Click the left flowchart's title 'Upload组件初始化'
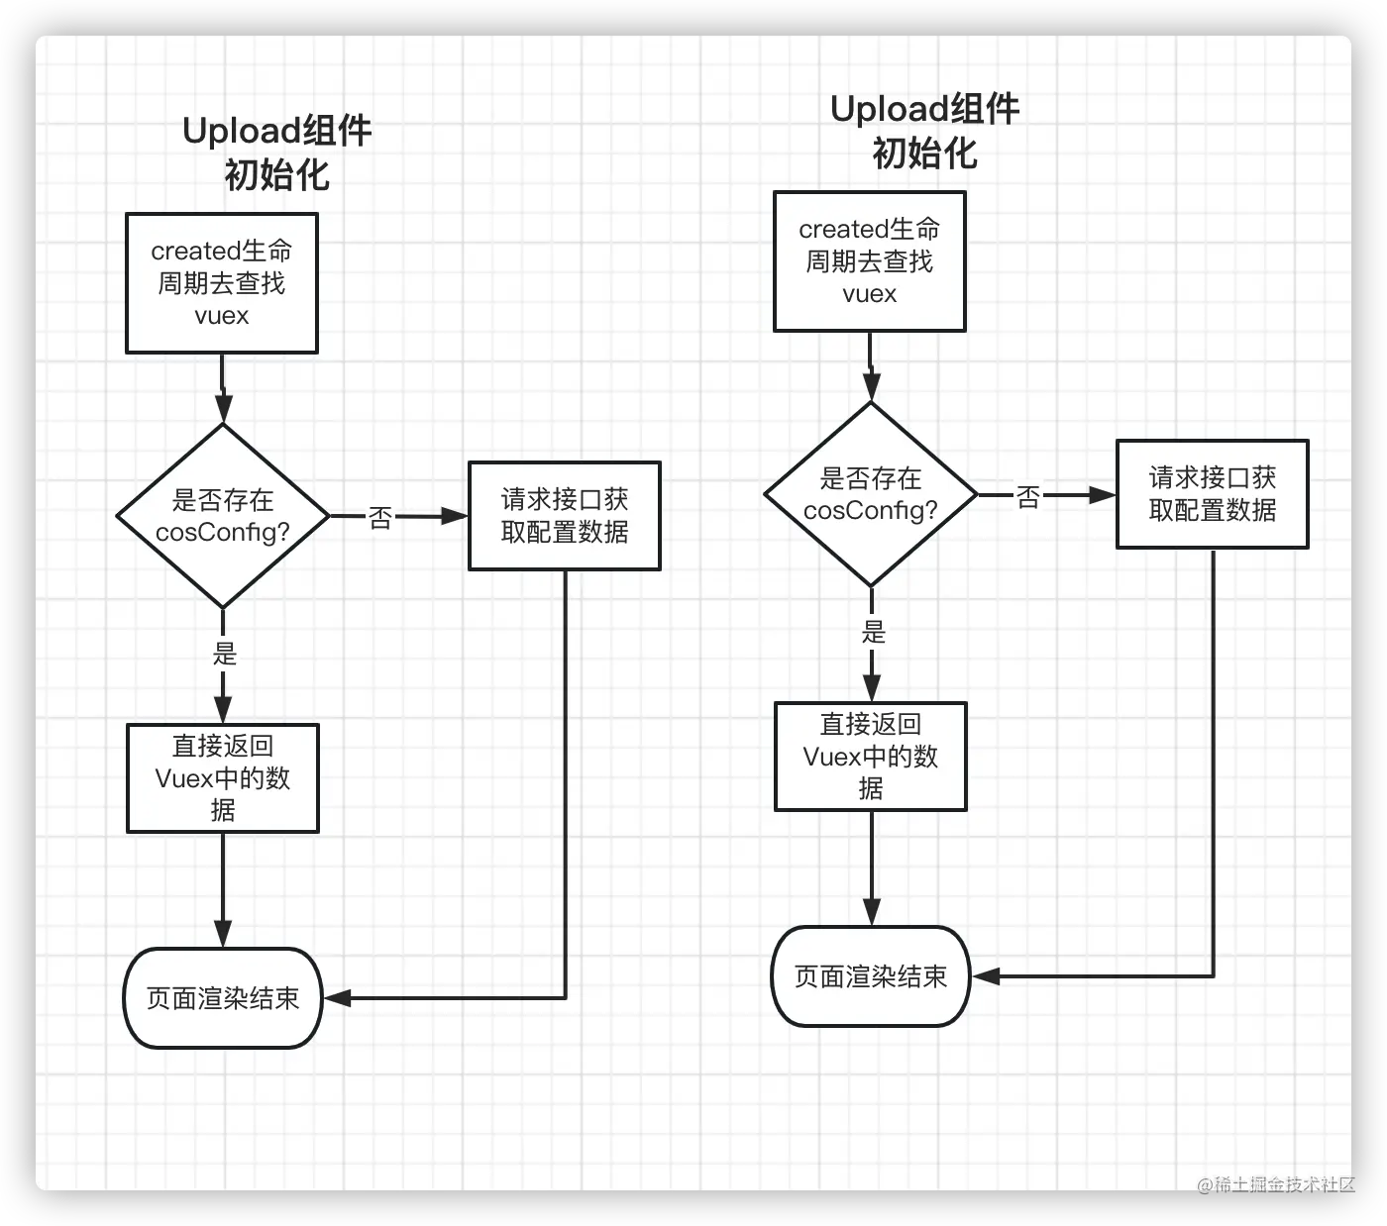point(276,153)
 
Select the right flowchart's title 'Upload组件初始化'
point(924,131)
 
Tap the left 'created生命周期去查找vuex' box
point(222,283)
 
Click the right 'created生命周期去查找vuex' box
point(869,261)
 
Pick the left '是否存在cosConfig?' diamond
point(223,516)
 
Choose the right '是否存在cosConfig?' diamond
point(871,494)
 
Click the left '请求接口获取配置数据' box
point(565,516)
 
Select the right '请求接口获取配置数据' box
point(1212,494)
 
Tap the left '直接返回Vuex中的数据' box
point(223,778)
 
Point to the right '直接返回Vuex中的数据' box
point(870,757)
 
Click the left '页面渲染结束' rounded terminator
point(223,998)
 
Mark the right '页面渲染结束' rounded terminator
point(870,976)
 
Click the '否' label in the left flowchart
point(380,517)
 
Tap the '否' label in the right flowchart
point(1028,496)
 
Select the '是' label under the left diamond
point(225,654)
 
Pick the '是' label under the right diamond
point(873,632)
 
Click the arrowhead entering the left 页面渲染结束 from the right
point(338,998)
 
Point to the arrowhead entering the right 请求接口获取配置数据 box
point(1103,495)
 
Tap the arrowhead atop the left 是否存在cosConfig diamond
point(224,409)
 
